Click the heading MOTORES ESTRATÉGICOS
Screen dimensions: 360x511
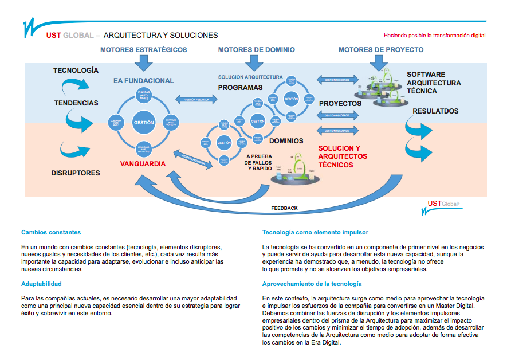tap(143, 50)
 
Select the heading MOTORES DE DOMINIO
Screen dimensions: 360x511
tap(256, 50)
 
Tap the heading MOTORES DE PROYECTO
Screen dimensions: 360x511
tap(381, 50)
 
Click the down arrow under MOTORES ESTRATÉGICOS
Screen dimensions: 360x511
tap(143, 61)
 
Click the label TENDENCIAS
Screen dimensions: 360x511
tap(76, 103)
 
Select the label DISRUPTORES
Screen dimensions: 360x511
tap(76, 173)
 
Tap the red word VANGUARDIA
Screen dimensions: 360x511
tap(143, 164)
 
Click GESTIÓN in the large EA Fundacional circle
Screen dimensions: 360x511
tap(143, 123)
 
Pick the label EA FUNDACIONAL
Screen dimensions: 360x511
tap(143, 81)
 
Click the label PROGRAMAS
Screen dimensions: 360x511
tap(240, 88)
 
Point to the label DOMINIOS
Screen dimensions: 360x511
tap(286, 141)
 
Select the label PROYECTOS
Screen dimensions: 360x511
tap(340, 104)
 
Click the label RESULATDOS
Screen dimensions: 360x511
tap(435, 110)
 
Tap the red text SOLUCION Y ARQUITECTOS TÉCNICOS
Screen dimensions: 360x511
tap(343, 156)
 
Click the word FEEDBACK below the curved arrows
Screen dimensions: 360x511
tap(284, 208)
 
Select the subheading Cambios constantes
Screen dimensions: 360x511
tap(51, 232)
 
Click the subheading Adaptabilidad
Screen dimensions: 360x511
tap(41, 284)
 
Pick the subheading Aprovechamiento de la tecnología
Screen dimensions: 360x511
tap(312, 284)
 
